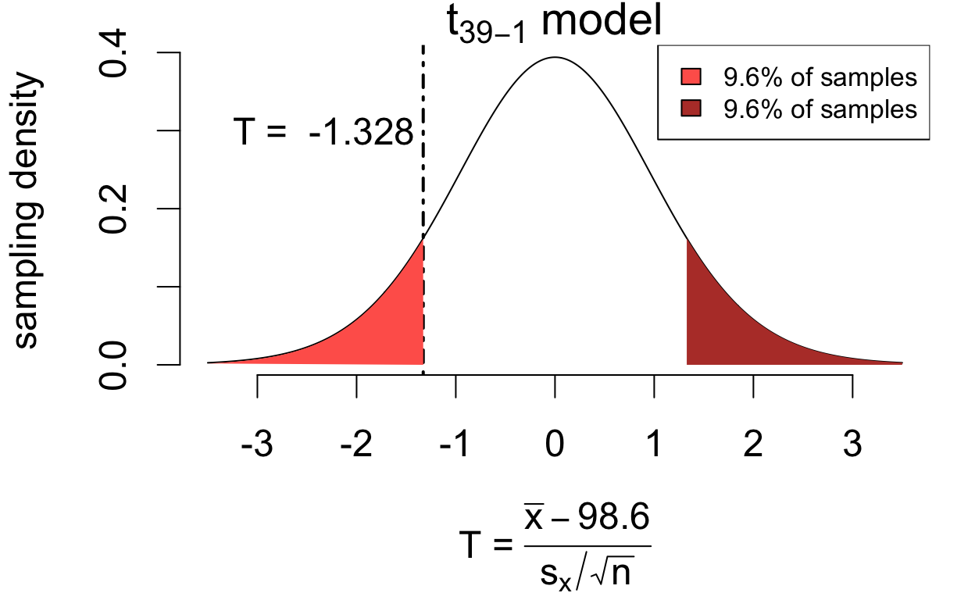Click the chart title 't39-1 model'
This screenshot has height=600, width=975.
tap(554, 23)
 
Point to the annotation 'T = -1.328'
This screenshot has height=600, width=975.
tap(323, 133)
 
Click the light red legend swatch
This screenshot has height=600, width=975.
tap(691, 78)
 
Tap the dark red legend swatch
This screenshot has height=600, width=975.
tap(691, 109)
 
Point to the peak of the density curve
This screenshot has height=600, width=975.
tap(555, 57)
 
